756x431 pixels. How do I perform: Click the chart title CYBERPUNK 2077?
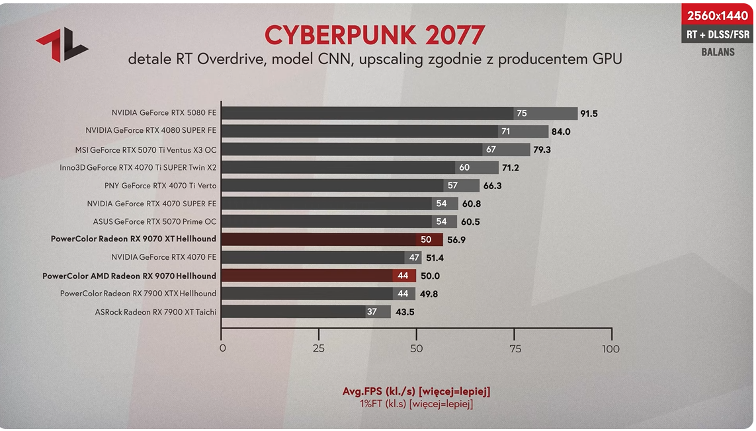coord(374,34)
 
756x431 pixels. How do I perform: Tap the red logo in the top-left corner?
coord(62,45)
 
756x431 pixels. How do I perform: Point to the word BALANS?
coord(718,52)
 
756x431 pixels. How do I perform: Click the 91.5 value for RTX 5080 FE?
coord(589,114)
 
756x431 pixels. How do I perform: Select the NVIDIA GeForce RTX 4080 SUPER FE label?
coord(151,131)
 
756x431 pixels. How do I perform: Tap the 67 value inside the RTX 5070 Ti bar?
coord(491,149)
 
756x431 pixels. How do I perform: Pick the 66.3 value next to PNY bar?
coord(492,186)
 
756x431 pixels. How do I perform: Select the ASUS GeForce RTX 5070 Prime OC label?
coord(155,221)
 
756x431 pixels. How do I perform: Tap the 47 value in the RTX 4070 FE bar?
coord(414,257)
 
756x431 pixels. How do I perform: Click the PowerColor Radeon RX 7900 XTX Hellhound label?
coord(138,294)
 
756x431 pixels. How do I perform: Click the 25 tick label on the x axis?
coord(319,348)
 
